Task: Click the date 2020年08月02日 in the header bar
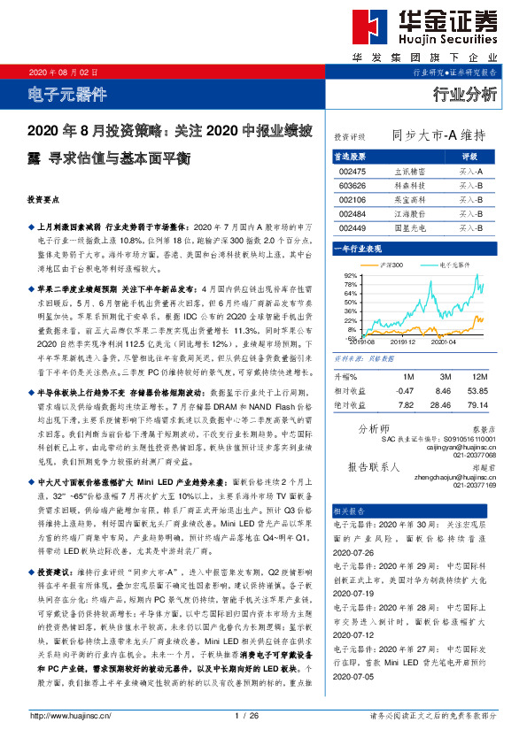coord(59,72)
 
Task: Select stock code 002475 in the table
coord(352,171)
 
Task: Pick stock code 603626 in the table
coord(352,186)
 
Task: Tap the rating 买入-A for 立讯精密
coord(470,171)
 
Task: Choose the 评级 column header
coord(470,156)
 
